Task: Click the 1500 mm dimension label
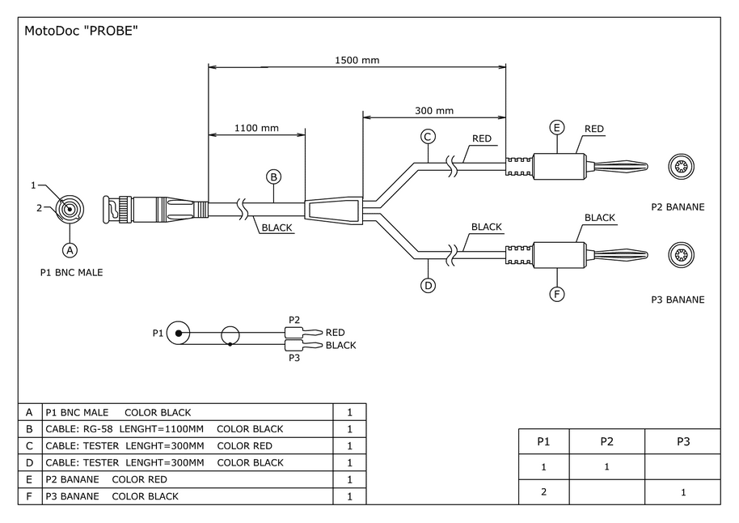click(357, 60)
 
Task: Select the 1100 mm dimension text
click(256, 128)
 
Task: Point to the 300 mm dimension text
click(434, 111)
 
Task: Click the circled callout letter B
click(274, 176)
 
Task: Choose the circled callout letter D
click(429, 285)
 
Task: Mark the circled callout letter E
click(556, 127)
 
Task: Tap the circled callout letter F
click(557, 294)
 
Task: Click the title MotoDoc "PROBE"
click(82, 32)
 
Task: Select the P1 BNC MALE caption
click(71, 273)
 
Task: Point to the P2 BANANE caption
click(678, 207)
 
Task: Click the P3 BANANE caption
click(678, 300)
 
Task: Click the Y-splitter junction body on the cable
click(333, 210)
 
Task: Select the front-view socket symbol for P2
click(679, 168)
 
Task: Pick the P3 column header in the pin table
click(682, 441)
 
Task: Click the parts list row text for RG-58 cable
click(164, 429)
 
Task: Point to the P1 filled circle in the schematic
click(179, 333)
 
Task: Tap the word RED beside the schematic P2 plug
click(335, 333)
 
